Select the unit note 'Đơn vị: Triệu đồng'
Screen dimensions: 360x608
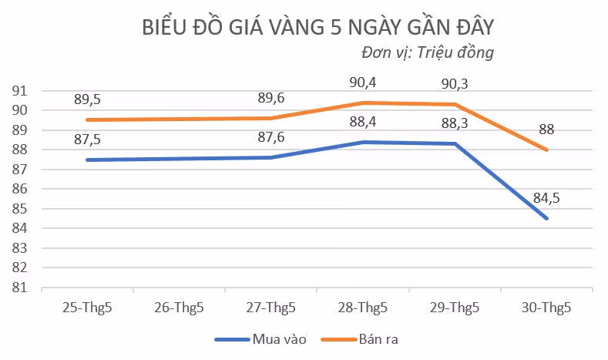pyautogui.click(x=427, y=53)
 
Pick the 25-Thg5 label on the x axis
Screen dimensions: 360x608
pyautogui.click(x=88, y=308)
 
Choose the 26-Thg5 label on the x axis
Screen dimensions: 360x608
pyautogui.click(x=180, y=308)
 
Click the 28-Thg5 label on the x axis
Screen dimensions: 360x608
pyautogui.click(x=363, y=308)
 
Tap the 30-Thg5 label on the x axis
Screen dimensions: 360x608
pyautogui.click(x=546, y=308)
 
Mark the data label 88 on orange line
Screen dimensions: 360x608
pyautogui.click(x=546, y=130)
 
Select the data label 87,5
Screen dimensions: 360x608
pyautogui.click(x=89, y=140)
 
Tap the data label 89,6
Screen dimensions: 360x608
pyautogui.click(x=272, y=98)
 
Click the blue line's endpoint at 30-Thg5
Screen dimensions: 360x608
pyautogui.click(x=546, y=218)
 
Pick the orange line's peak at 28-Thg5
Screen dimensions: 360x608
pyautogui.click(x=363, y=103)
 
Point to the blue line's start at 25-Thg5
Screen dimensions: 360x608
pyautogui.click(x=88, y=160)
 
